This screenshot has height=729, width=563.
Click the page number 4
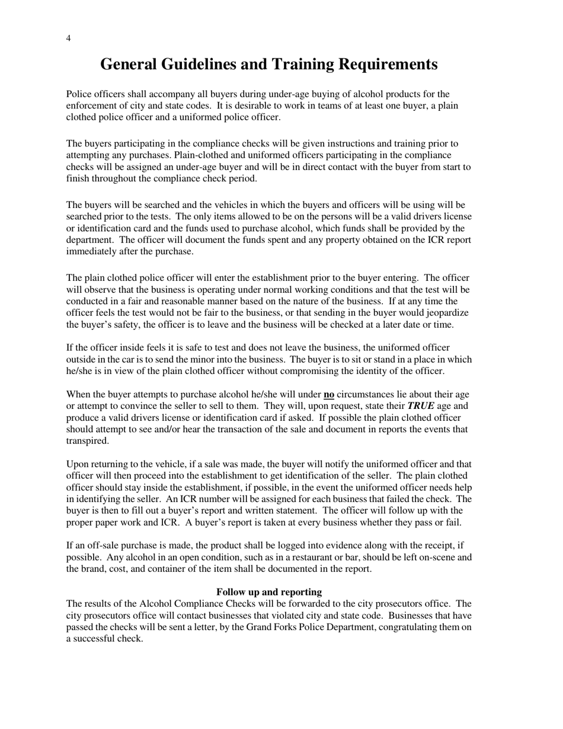[x=69, y=39]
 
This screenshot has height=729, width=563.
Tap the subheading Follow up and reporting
[x=269, y=592]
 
